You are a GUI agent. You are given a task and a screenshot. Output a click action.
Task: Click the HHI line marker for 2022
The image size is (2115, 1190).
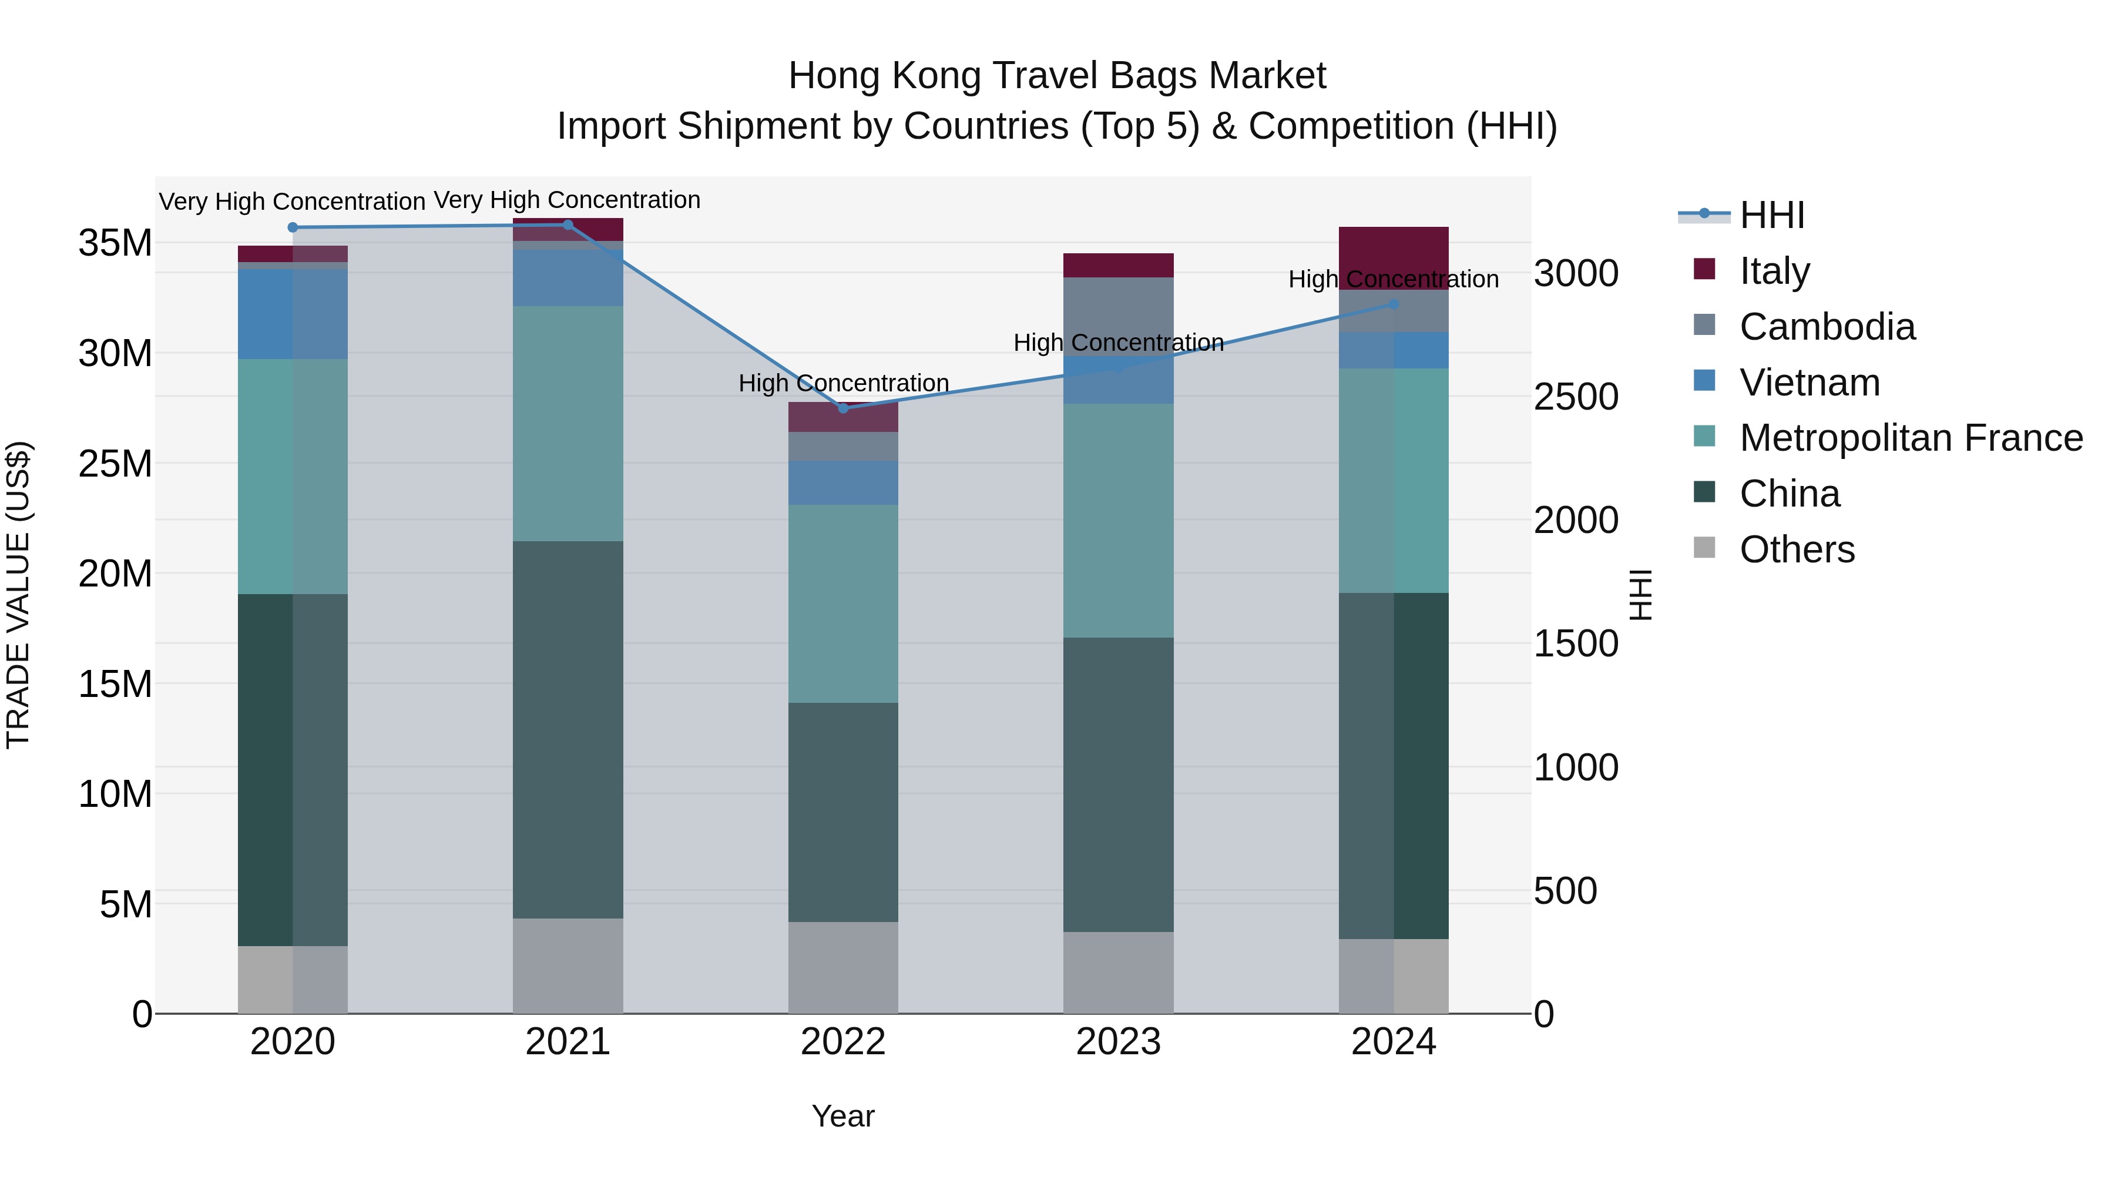click(842, 408)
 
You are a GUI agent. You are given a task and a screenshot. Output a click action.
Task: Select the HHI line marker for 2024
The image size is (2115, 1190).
click(1394, 304)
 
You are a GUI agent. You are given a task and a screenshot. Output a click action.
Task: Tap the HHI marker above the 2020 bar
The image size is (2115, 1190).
click(293, 227)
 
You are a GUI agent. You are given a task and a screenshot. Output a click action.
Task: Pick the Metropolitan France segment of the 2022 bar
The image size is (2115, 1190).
click(842, 604)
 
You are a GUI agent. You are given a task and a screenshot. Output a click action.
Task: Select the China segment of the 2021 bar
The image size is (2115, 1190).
click(568, 729)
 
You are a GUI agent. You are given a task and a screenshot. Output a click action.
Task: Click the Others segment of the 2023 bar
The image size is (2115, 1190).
click(1117, 973)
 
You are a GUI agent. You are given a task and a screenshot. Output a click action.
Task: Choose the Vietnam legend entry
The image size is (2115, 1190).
click(1809, 383)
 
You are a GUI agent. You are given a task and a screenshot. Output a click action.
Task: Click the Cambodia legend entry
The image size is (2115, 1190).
click(1827, 327)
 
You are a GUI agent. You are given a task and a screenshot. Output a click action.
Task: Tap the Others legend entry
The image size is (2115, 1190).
click(1797, 549)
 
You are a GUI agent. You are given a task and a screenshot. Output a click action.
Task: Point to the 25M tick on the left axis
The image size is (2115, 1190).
click(115, 464)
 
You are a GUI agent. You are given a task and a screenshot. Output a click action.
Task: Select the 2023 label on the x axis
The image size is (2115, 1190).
click(1117, 1042)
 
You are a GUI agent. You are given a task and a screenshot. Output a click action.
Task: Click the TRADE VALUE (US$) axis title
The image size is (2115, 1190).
click(18, 595)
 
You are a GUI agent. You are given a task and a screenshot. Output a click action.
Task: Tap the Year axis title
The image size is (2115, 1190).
click(842, 1116)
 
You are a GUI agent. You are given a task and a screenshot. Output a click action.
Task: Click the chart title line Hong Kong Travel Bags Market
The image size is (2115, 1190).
click(1057, 76)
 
